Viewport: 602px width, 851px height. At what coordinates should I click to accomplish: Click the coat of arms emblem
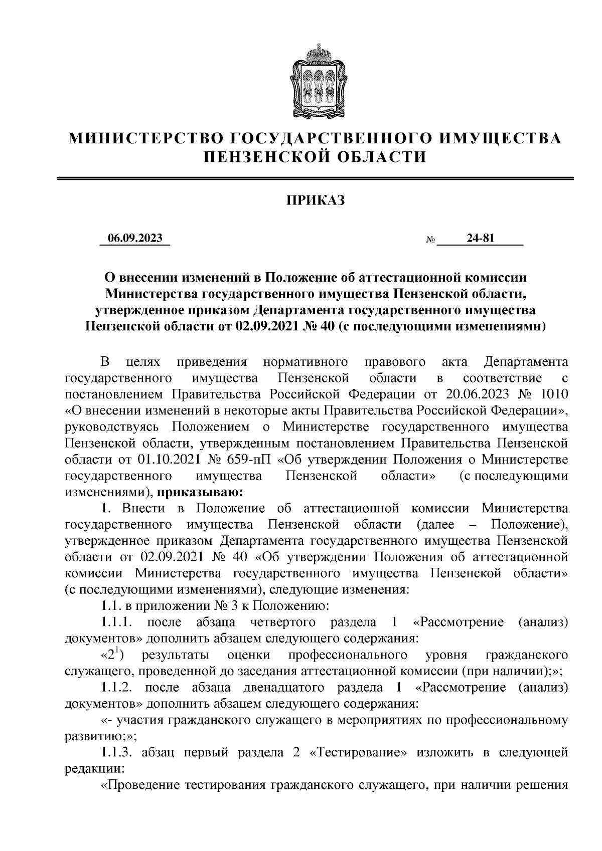(x=316, y=80)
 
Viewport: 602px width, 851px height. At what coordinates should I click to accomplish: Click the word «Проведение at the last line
(x=141, y=785)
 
